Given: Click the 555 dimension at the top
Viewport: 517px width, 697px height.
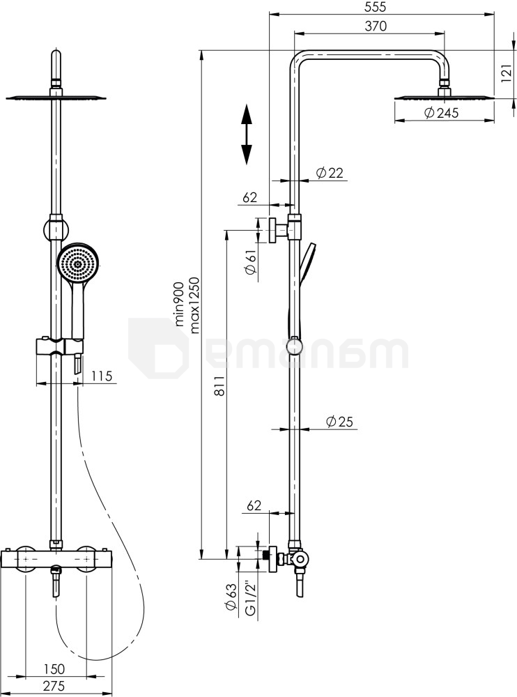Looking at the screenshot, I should coord(374,7).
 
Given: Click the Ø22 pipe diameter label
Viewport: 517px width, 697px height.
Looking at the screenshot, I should coord(330,173).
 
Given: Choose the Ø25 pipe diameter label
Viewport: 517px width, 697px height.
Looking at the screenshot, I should coord(340,422).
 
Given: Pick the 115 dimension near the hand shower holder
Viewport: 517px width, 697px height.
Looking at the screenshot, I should coord(102,376).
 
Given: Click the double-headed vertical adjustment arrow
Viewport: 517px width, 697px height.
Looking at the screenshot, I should coord(247,135).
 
